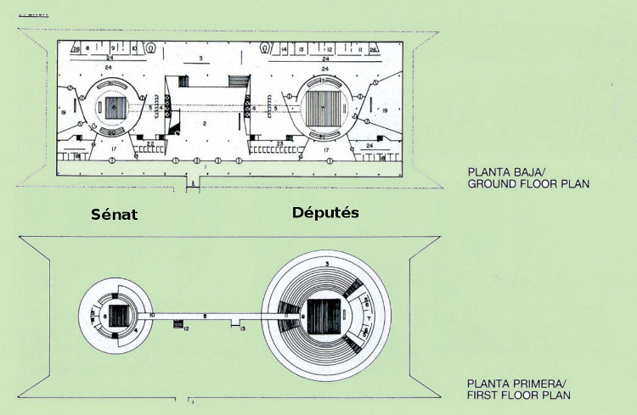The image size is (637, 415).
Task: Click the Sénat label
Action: [115, 214]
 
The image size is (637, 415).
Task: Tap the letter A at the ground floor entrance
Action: [194, 182]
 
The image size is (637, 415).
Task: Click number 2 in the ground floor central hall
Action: [205, 123]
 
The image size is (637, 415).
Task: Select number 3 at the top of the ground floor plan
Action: [200, 58]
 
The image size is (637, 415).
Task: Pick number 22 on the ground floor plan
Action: [150, 143]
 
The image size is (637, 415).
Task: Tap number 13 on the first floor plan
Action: [244, 327]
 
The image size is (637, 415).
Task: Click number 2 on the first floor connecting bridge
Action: [206, 315]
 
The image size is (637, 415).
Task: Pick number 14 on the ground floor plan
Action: [284, 50]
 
